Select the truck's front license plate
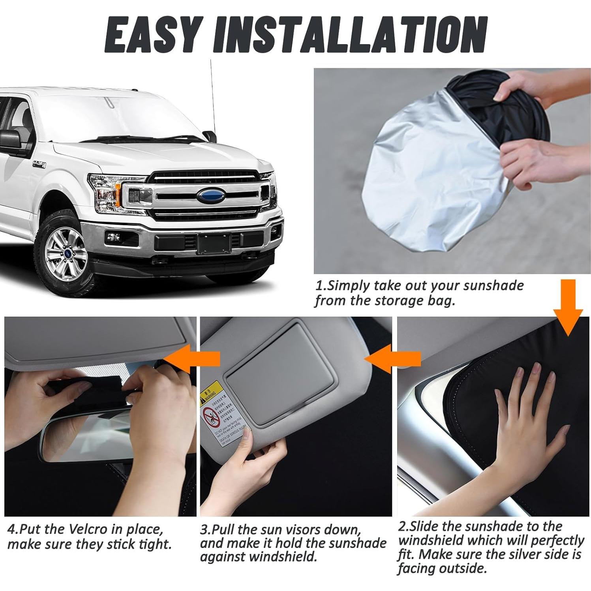214,243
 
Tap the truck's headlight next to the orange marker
103,191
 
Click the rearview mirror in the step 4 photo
87,438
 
